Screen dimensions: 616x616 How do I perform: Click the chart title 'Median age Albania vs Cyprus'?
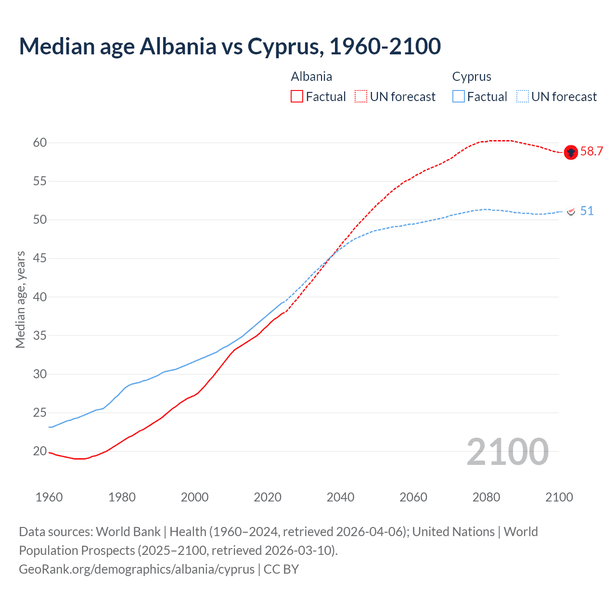click(x=230, y=47)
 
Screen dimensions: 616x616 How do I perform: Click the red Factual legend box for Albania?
click(x=297, y=97)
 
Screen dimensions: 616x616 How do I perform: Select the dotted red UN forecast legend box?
click(x=361, y=97)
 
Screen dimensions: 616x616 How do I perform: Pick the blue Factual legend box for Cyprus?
click(x=459, y=97)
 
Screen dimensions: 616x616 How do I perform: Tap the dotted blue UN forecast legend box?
click(x=523, y=97)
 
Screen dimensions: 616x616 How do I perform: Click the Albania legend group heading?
click(x=311, y=77)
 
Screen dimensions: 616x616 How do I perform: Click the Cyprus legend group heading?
click(x=472, y=77)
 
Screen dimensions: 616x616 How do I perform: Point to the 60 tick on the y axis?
click(x=40, y=142)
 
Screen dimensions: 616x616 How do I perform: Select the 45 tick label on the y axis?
click(x=40, y=258)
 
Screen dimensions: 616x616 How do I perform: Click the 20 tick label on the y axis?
click(x=40, y=451)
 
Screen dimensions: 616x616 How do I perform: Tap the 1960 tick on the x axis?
click(x=49, y=497)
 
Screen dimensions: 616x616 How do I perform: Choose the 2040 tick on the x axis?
click(x=340, y=497)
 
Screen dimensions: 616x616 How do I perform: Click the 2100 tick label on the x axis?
click(x=559, y=497)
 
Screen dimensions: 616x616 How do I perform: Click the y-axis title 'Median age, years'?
click(x=20, y=299)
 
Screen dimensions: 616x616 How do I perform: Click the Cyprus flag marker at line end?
click(x=571, y=212)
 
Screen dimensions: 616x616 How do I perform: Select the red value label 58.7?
click(x=591, y=152)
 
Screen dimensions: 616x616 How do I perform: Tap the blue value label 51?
click(x=587, y=211)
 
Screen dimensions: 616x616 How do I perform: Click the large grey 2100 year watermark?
click(x=507, y=451)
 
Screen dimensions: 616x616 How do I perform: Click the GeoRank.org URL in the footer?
click(x=137, y=569)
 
